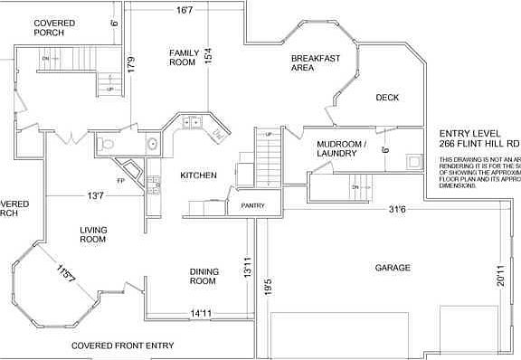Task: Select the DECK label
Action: (387, 98)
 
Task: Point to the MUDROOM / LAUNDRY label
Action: (342, 148)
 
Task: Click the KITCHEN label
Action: (198, 175)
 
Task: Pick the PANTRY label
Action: (252, 206)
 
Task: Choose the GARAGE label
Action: (393, 268)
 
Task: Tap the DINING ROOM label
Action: (203, 276)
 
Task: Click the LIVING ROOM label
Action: (93, 234)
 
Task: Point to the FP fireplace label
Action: (122, 181)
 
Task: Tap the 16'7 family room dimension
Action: (185, 11)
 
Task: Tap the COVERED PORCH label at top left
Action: (54, 27)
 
